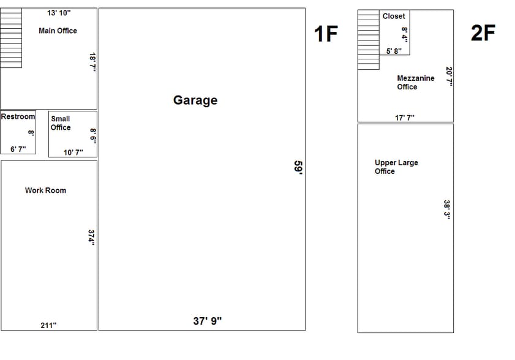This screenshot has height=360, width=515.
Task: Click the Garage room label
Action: [x=195, y=100]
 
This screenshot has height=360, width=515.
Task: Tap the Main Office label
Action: [x=58, y=31]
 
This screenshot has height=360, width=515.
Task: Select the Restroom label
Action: [x=18, y=116]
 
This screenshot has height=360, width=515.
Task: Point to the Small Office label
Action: [x=61, y=123]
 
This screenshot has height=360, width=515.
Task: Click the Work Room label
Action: [x=45, y=190]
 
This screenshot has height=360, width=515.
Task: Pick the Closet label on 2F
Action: [x=394, y=17]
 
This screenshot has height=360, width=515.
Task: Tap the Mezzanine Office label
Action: [x=416, y=83]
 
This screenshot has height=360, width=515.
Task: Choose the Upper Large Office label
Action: [x=396, y=167]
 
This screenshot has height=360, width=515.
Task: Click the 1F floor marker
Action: [x=326, y=34]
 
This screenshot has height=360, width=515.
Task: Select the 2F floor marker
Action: [x=483, y=33]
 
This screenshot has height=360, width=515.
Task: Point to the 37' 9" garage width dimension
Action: [x=208, y=321]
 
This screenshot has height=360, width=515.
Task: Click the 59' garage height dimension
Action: [x=298, y=168]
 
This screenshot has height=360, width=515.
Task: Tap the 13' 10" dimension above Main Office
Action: [x=59, y=13]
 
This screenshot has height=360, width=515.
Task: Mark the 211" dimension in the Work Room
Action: [x=48, y=325]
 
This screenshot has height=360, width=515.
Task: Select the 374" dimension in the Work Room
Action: [x=91, y=237]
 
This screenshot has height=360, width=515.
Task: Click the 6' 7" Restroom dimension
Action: [x=18, y=149]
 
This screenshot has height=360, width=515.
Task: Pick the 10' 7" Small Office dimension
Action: [x=73, y=152]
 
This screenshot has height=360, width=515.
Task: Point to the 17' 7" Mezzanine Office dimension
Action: [x=405, y=118]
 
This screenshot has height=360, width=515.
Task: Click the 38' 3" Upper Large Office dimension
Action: [x=448, y=209]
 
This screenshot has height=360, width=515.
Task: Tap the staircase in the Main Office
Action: [x=11, y=38]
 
